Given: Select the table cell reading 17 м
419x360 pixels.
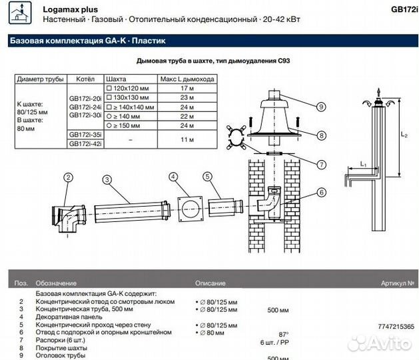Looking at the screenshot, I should [187, 87].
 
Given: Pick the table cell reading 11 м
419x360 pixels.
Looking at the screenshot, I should [187, 139].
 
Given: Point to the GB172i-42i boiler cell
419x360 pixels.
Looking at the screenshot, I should [85, 143].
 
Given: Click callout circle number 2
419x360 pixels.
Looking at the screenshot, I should [68, 177].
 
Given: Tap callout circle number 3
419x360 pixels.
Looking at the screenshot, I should [107, 178].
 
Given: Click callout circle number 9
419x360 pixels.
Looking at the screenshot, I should [321, 107].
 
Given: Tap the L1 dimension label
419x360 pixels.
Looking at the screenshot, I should [363, 163].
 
